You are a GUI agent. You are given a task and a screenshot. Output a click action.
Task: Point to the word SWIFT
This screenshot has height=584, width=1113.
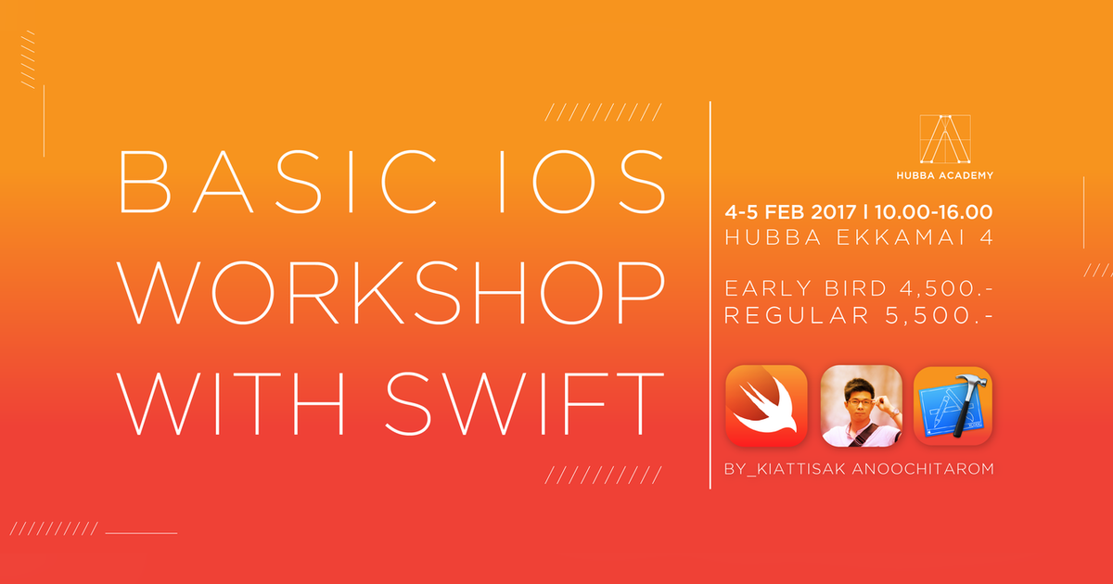(x=524, y=402)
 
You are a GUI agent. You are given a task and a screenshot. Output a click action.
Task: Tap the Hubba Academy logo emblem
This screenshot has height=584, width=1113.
(x=940, y=140)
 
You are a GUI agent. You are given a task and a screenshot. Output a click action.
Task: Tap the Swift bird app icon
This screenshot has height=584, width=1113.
(x=766, y=405)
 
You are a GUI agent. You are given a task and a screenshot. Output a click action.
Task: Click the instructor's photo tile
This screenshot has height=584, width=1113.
(x=861, y=405)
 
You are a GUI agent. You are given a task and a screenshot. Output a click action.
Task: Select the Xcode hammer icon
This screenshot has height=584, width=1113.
(x=953, y=405)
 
